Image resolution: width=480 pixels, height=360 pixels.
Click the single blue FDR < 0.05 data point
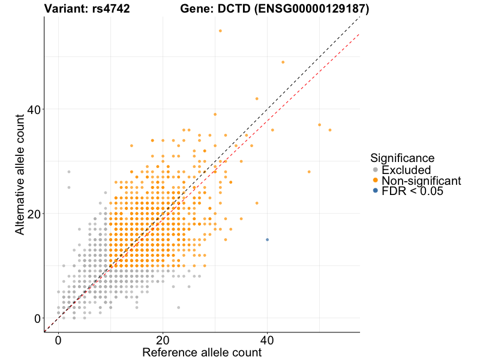[267, 239]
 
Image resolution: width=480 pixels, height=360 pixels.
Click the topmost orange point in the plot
[220, 31]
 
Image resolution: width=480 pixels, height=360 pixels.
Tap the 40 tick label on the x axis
[267, 340]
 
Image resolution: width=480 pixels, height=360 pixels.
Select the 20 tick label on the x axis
[163, 340]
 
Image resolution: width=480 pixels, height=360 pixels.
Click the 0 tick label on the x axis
[58, 340]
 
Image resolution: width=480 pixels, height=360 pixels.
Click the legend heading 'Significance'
[402, 158]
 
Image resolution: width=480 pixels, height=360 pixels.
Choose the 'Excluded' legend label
[406, 170]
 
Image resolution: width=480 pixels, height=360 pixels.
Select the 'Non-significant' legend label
[421, 181]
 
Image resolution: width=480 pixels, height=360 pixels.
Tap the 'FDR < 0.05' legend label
[412, 191]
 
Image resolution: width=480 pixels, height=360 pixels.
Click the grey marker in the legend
[376, 170]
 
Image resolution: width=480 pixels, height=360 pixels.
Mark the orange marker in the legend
[376, 181]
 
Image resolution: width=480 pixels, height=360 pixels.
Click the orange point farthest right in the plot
[330, 130]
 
